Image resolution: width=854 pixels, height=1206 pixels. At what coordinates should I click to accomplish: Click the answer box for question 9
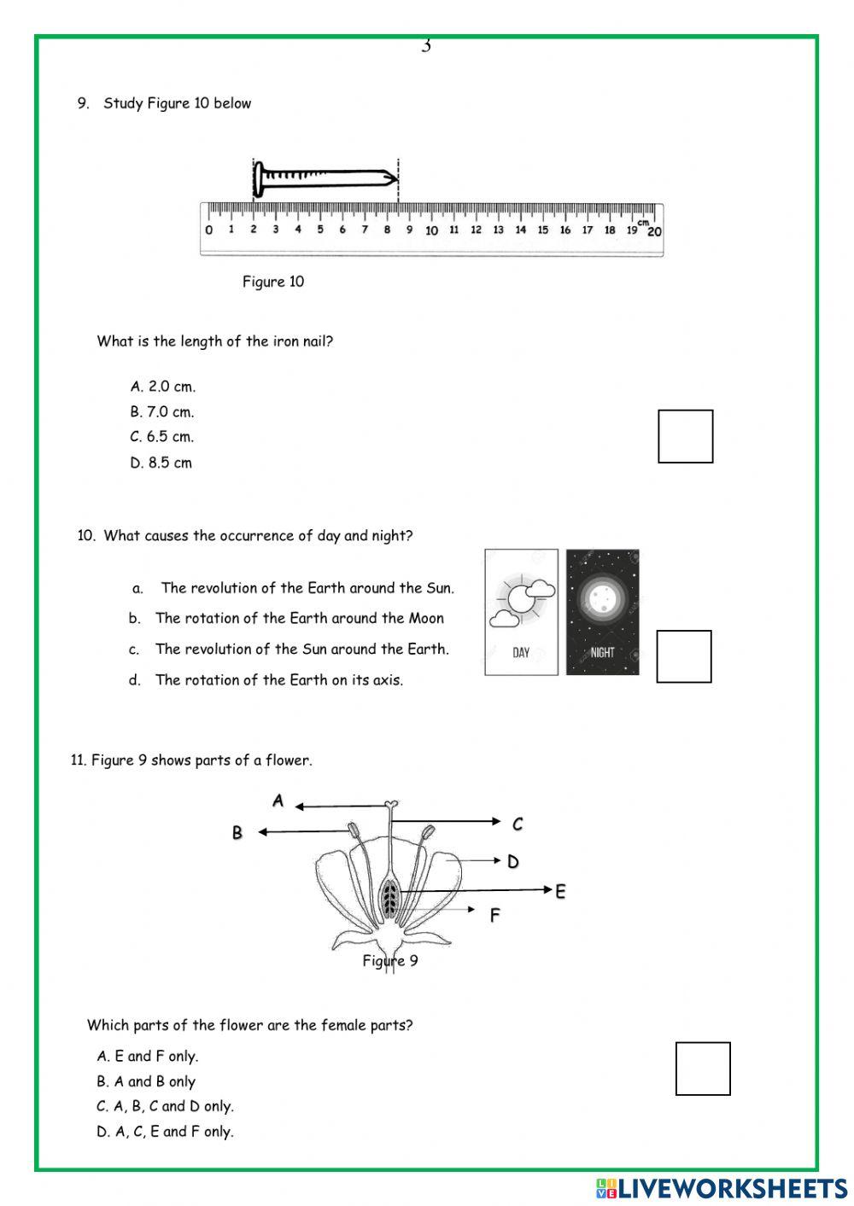[685, 436]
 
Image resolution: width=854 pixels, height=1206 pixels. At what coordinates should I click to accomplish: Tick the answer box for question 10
[683, 656]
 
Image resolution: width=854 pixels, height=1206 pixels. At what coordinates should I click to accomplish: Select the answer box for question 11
[703, 1068]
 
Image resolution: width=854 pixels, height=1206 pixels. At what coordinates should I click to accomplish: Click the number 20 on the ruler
[654, 231]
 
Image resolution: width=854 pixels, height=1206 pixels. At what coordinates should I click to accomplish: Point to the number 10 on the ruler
[431, 230]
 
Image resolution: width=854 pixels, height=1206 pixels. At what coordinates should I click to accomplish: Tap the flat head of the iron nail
[259, 178]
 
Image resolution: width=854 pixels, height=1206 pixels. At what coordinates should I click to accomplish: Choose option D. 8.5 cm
[161, 463]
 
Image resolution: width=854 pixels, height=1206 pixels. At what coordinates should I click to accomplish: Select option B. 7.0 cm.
[162, 411]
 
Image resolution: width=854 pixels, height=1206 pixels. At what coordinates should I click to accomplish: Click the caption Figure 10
[272, 282]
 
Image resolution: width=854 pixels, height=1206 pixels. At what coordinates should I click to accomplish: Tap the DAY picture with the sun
[521, 612]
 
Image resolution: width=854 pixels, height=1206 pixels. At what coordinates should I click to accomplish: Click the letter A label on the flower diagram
[278, 801]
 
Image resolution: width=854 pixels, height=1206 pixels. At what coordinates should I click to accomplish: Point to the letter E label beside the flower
[560, 892]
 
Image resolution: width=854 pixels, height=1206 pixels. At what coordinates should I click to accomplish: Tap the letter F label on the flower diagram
[494, 916]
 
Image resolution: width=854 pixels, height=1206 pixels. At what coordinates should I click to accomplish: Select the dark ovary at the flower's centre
[389, 897]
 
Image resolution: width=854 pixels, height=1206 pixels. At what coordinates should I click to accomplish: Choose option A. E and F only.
[148, 1057]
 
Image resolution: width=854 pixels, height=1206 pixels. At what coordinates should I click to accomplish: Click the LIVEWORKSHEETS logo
[722, 1187]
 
